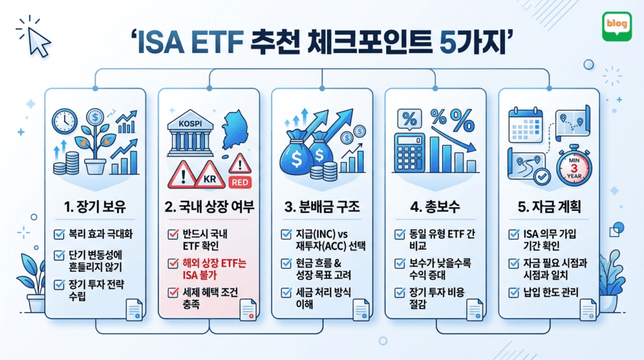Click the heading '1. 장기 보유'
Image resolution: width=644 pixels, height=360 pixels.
pyautogui.click(x=95, y=206)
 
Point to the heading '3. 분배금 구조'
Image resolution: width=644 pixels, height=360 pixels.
pyautogui.click(x=321, y=206)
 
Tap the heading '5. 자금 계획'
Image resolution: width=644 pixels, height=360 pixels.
pyautogui.click(x=548, y=206)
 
